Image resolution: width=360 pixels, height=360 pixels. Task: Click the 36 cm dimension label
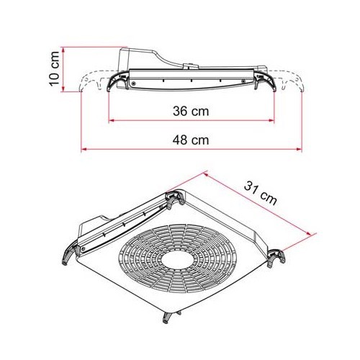[x=192, y=112]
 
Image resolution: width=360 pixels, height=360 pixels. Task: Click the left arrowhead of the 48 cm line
[x=82, y=150]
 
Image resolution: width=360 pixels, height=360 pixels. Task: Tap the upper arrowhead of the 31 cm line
[x=208, y=173]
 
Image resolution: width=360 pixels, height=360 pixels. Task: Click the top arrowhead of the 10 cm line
[x=65, y=50]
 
